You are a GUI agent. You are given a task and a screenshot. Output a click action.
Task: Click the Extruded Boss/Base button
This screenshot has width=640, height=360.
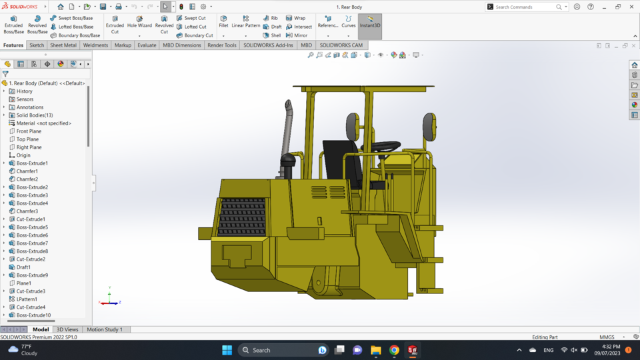13,25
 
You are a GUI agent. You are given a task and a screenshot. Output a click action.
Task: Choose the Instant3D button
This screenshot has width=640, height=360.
370,22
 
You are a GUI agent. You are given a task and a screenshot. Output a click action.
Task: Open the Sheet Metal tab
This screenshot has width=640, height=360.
63,45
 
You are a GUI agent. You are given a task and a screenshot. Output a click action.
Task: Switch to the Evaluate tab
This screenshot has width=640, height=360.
147,45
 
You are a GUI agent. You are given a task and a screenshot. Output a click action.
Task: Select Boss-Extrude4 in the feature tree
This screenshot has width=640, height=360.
32,203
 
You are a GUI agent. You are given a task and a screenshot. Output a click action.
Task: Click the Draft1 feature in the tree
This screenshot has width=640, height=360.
23,267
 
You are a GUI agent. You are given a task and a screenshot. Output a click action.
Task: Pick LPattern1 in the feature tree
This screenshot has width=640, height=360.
27,299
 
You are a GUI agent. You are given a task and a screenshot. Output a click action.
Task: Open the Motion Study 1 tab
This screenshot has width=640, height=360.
105,329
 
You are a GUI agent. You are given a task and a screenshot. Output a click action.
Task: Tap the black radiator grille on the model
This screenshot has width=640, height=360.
242,217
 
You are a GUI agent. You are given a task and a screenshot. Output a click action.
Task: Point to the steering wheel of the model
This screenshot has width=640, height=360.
386,146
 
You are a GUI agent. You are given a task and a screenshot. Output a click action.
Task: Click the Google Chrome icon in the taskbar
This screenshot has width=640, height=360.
394,350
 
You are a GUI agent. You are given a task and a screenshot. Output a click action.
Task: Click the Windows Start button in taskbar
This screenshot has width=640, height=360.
227,350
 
